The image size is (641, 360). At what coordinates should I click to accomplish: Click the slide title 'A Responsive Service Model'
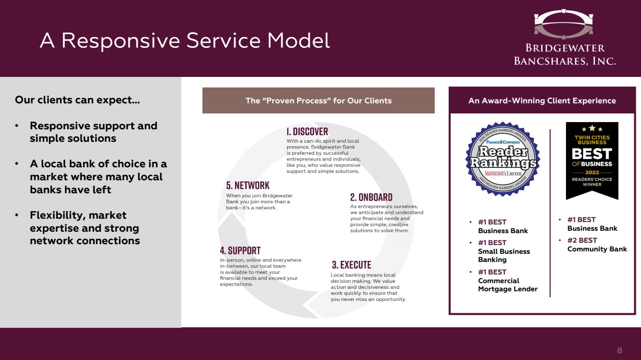(x=185, y=41)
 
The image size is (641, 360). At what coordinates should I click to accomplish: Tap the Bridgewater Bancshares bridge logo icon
(x=565, y=24)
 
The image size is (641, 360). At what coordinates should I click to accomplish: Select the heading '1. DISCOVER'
(x=307, y=131)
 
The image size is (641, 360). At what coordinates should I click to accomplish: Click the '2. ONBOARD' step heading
(x=371, y=197)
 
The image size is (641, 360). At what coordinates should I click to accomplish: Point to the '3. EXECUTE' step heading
(x=352, y=265)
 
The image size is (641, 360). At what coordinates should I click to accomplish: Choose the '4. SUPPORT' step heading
(x=240, y=250)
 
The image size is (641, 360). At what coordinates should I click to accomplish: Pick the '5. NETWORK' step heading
(x=248, y=186)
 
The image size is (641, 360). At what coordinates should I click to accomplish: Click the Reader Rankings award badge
(x=503, y=159)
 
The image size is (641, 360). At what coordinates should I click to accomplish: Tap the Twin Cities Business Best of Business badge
(x=592, y=161)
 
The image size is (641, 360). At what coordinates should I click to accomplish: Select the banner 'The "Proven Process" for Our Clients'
(x=318, y=100)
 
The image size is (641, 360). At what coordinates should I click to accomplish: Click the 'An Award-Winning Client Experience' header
(x=542, y=100)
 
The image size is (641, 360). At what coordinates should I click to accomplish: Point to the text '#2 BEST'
(x=582, y=240)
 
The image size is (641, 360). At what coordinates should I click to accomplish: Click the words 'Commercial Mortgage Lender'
(x=507, y=285)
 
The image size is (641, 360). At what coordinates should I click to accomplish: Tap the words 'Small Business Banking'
(x=503, y=255)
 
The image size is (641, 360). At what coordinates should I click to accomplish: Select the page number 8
(x=619, y=350)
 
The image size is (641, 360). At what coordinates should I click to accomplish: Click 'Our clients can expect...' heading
(x=77, y=100)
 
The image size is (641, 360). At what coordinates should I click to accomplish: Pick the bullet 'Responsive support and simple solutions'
(x=93, y=132)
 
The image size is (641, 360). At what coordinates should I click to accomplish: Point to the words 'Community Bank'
(x=597, y=249)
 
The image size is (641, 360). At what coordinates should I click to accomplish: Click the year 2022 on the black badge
(x=592, y=172)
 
